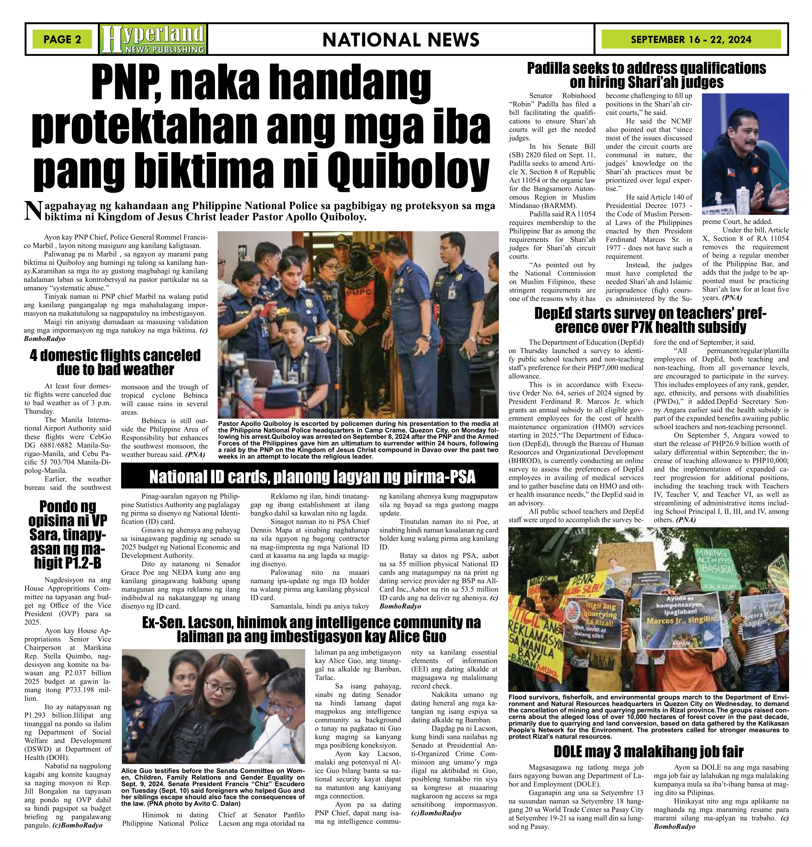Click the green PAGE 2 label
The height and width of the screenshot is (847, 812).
pos(62,39)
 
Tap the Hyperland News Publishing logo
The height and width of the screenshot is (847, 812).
pos(153,39)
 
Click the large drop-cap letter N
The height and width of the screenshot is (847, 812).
pos(33,211)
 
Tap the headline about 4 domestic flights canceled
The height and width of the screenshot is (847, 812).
pos(115,362)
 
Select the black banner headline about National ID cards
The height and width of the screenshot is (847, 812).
pos(312,477)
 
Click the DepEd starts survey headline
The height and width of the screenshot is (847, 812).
pos(650,320)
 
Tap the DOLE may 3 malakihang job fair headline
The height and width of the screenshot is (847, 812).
pos(648,752)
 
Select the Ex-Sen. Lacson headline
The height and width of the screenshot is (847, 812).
pos(311,630)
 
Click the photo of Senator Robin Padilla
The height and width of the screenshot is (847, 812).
pos(745,154)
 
